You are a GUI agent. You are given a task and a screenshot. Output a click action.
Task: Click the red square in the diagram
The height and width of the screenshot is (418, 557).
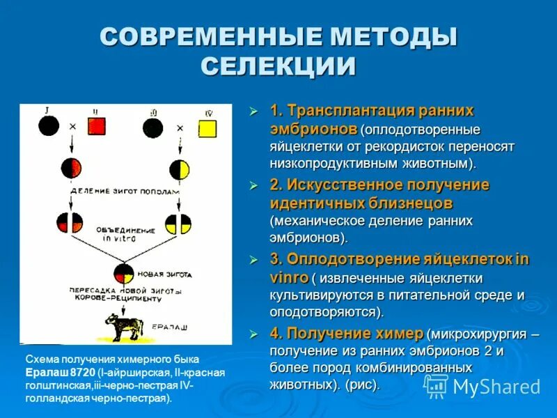coord(96,127)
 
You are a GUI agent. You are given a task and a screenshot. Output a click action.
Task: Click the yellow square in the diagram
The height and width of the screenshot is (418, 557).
coord(207,128)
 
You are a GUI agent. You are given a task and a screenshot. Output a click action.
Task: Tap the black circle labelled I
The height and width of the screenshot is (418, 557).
coord(48,127)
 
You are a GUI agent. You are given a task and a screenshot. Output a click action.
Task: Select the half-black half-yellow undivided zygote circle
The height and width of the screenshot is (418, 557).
coord(179,169)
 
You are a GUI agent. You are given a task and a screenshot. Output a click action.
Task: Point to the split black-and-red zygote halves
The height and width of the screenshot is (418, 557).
coord(70,223)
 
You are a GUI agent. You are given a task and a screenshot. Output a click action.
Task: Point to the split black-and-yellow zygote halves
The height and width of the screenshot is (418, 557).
coord(178,223)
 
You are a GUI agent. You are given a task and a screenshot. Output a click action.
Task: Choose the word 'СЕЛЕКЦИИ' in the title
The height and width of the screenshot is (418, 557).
coord(278,66)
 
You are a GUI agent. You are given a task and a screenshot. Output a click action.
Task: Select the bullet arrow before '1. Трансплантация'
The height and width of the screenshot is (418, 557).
coord(254,111)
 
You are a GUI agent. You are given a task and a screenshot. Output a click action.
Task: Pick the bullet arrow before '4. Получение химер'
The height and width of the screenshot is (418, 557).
coord(254,333)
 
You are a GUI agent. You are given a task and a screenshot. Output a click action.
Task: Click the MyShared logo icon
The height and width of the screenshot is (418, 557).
coord(437,386)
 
